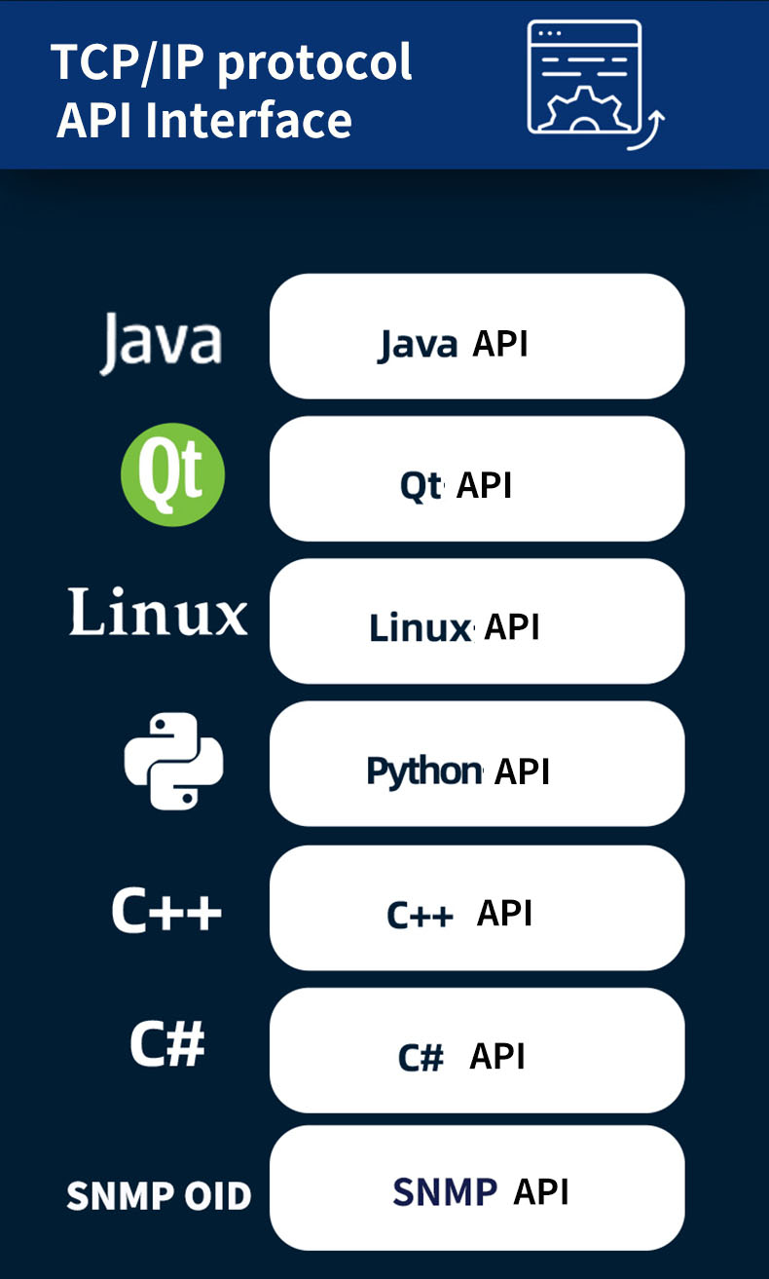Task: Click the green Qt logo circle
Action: pos(172,475)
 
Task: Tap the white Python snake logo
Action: pos(174,761)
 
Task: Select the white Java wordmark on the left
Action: pos(161,342)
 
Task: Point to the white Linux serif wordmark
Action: pos(158,613)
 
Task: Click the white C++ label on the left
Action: pos(166,911)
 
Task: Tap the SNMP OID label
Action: pos(159,1195)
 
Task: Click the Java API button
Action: pos(476,336)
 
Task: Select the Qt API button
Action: pos(476,478)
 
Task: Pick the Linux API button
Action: pos(476,621)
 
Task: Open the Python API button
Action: pos(476,764)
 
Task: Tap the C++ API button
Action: pos(476,907)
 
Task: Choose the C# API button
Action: pos(476,1050)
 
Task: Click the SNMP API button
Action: pos(476,1188)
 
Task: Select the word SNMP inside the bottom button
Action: pos(445,1191)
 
